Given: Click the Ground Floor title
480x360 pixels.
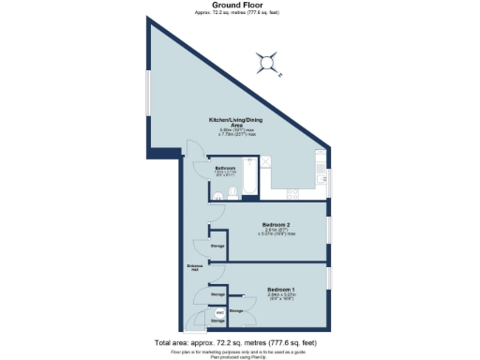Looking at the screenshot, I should click(240, 6).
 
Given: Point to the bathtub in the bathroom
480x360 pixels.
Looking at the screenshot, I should click(249, 177).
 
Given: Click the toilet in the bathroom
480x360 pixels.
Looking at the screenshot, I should click(217, 195).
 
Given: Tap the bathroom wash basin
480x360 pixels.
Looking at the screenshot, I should click(232, 195).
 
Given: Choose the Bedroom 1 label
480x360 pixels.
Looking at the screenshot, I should click(281, 289).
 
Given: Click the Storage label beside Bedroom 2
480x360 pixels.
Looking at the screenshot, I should click(217, 246).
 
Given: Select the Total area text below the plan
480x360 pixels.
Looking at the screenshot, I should click(240, 342).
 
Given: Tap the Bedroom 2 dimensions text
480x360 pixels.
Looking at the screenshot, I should click(278, 232).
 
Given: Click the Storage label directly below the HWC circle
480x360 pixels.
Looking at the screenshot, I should click(217, 322).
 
